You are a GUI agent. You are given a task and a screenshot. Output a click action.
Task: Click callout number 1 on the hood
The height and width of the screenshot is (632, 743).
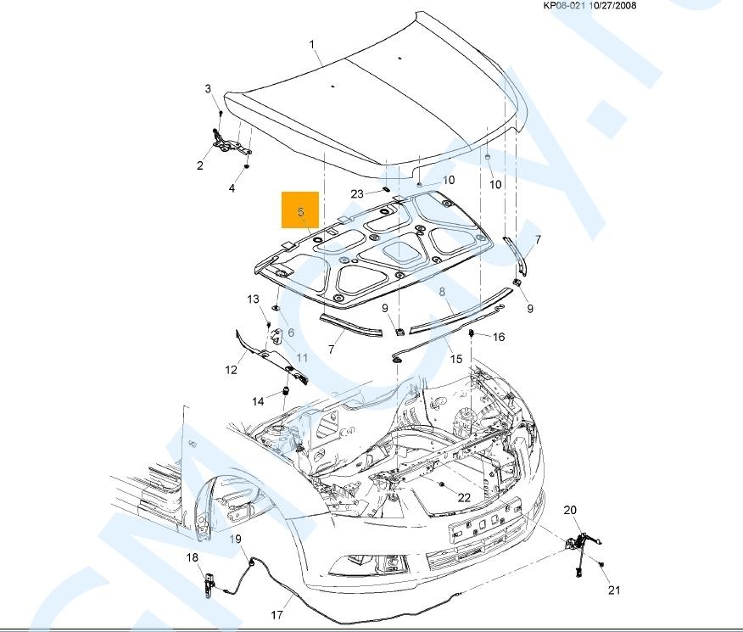[x=312, y=44]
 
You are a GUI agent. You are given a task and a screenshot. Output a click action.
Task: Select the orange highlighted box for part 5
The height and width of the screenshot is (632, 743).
[x=301, y=210]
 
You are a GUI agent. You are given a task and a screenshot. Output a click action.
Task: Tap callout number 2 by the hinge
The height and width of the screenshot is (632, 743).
[x=208, y=89]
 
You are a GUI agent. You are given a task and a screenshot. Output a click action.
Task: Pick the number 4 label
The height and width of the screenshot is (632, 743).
[x=232, y=188]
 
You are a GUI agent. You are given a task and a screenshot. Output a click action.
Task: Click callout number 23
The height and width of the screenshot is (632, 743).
[x=357, y=194]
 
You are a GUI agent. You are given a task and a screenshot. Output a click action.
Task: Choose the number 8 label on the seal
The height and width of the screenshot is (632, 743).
[x=442, y=293]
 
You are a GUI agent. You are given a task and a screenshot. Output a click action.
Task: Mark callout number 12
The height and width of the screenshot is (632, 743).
[x=232, y=370]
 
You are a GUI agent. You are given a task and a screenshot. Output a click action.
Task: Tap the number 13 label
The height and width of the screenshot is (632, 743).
[x=253, y=299]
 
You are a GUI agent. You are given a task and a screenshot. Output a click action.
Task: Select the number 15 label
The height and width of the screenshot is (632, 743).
[x=456, y=360]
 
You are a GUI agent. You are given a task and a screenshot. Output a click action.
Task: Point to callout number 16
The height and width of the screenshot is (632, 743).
[x=499, y=337]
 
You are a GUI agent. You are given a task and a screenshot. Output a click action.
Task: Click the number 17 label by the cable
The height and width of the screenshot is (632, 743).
[x=277, y=616]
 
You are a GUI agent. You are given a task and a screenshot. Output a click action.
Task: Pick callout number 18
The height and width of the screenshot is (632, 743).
[x=193, y=557]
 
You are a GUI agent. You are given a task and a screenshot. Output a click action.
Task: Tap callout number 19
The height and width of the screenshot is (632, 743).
[x=236, y=540]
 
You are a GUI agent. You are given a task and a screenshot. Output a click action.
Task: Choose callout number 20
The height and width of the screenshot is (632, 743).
[x=570, y=510]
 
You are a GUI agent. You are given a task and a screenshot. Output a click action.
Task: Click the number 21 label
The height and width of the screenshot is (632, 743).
[x=614, y=590]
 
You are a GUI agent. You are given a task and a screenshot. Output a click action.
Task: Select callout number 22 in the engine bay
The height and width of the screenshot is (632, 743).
[x=464, y=498]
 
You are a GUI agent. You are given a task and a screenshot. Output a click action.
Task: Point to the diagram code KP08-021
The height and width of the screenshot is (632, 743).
[x=565, y=5]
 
